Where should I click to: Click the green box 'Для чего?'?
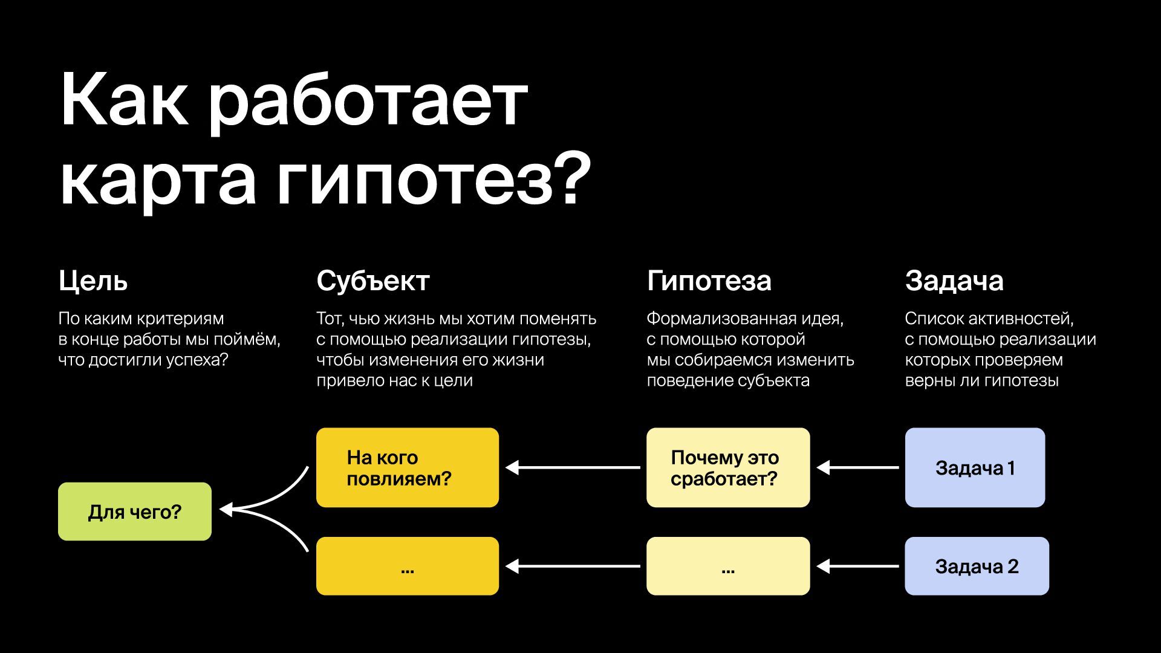[x=135, y=512]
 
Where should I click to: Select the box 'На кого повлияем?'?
[x=407, y=467]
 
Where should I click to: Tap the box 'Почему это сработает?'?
[x=727, y=467]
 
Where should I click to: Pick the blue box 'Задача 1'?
[x=975, y=467]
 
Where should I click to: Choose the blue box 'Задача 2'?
[x=977, y=566]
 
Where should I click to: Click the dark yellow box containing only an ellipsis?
[x=407, y=566]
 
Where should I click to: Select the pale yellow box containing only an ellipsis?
[x=727, y=566]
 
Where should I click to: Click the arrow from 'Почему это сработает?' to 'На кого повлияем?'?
[x=573, y=467]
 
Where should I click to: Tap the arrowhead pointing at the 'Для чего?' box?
[x=225, y=510]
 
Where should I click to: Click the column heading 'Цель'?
[x=93, y=281]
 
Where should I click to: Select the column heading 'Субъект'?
[x=372, y=281]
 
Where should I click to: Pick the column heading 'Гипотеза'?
[x=709, y=281]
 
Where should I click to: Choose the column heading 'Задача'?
[x=954, y=281]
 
